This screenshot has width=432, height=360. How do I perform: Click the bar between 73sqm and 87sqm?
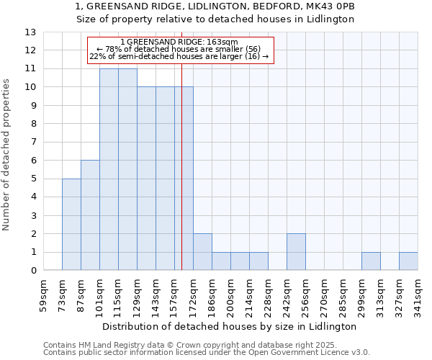(x=71, y=224)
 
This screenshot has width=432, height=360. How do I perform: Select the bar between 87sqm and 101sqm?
(x=90, y=215)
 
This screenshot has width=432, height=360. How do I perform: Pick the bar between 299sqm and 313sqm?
(x=371, y=261)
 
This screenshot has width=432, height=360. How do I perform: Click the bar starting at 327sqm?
(x=408, y=261)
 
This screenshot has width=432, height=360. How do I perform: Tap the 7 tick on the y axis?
(x=33, y=143)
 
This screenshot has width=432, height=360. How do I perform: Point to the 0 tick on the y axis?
(x=33, y=271)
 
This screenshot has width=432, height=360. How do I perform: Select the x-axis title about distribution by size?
(x=230, y=326)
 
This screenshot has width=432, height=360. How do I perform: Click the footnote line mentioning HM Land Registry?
(x=204, y=346)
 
